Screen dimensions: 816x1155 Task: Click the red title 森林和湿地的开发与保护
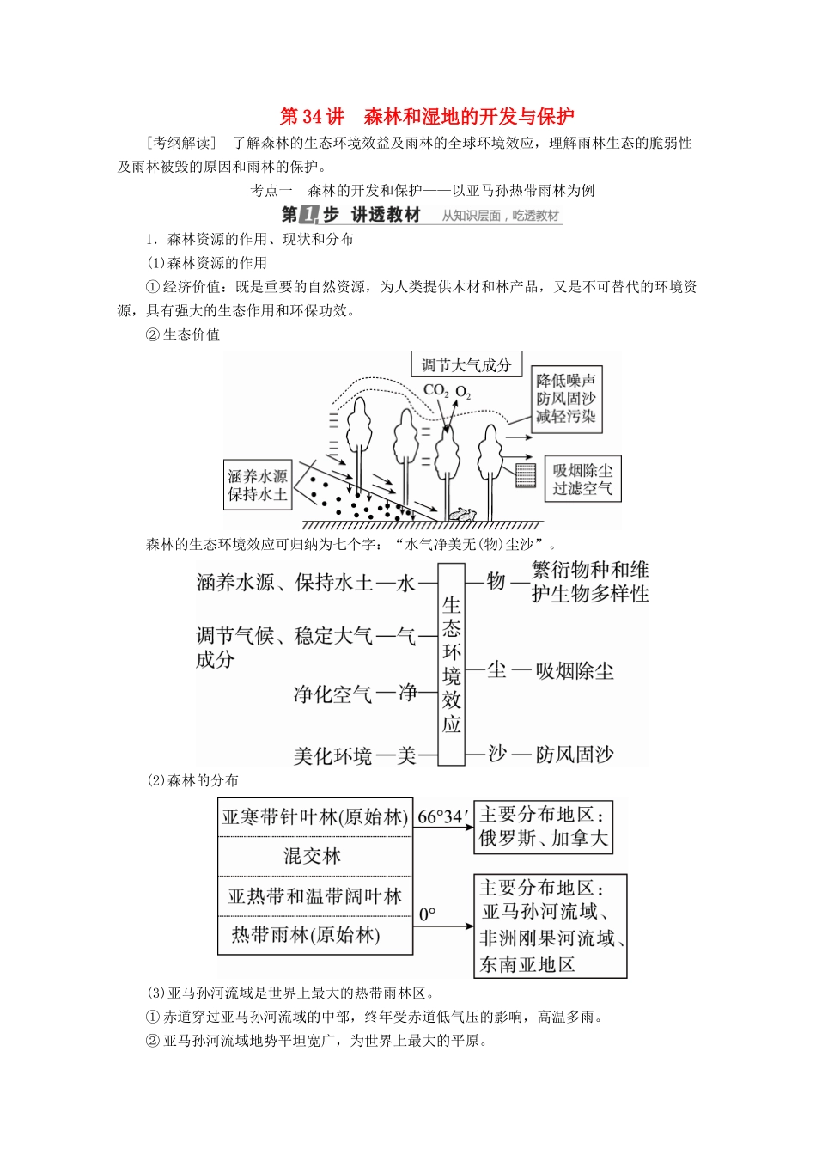point(469,117)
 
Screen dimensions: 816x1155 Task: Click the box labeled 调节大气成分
point(466,365)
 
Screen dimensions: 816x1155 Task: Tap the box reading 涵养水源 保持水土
point(257,485)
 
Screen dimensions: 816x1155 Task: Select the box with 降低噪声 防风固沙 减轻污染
point(565,398)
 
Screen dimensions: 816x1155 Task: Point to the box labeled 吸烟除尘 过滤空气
point(582,480)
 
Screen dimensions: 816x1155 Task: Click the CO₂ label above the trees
point(435,391)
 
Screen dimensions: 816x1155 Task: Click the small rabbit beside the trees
point(462,513)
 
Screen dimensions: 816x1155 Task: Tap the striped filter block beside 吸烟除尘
point(526,474)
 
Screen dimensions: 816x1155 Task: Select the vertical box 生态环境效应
point(452,663)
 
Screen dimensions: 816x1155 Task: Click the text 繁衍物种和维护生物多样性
point(590,582)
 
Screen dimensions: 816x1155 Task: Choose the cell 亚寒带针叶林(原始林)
point(314,816)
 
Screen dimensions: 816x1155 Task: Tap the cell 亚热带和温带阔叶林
point(314,896)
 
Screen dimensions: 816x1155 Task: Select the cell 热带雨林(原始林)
point(306,935)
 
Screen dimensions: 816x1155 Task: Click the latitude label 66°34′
point(443,816)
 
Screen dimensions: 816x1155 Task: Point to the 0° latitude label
point(428,914)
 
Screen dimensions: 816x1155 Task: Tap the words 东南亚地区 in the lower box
point(527,964)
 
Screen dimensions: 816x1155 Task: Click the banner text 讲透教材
point(386,215)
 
